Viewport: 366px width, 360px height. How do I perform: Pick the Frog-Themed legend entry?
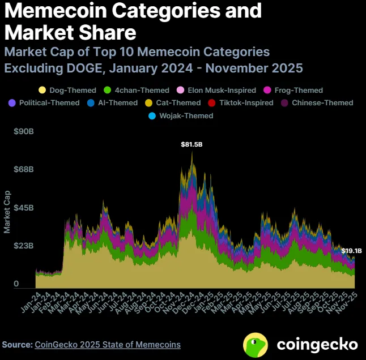click(x=293, y=90)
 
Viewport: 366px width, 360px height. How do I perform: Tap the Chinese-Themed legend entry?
click(x=317, y=103)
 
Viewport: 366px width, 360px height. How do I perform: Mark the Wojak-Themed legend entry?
click(x=182, y=116)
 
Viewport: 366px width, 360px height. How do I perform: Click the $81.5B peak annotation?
click(x=191, y=145)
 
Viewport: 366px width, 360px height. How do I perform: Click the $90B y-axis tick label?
click(x=24, y=131)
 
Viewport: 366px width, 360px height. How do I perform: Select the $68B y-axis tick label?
click(x=24, y=170)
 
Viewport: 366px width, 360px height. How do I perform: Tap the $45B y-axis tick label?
click(x=24, y=208)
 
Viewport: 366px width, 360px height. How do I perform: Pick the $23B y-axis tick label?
click(x=24, y=246)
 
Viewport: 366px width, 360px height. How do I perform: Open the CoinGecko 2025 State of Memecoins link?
click(x=108, y=344)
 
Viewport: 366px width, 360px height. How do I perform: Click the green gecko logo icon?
click(x=256, y=344)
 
